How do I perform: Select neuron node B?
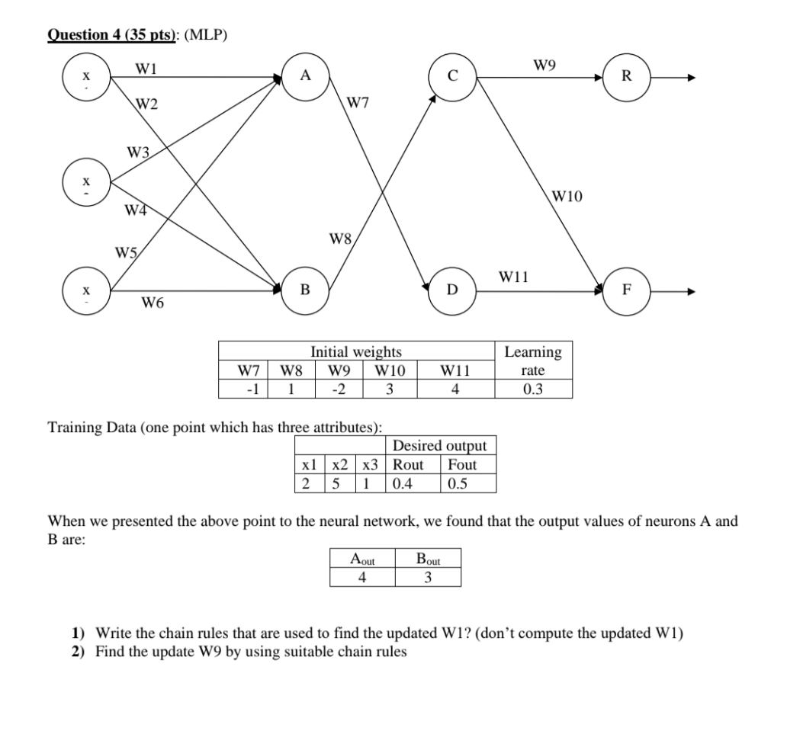pos(305,290)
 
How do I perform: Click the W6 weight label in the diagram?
pos(153,304)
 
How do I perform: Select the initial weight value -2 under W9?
pos(336,389)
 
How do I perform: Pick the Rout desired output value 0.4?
pos(402,483)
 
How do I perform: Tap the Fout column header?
pos(462,464)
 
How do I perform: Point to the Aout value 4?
pos(362,577)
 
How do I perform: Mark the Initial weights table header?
pos(355,351)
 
